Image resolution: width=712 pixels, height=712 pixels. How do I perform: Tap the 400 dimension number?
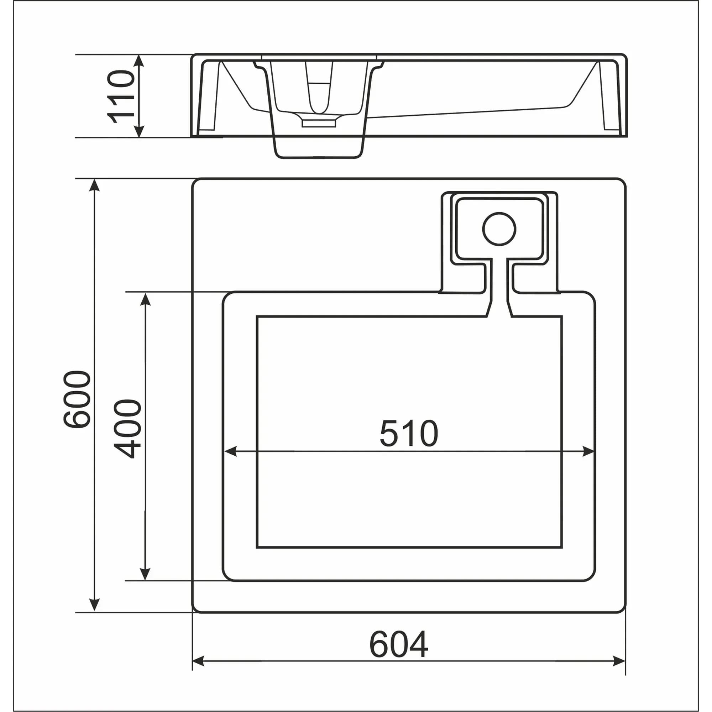pyautogui.click(x=127, y=429)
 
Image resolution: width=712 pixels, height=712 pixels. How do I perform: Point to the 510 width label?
pyautogui.click(x=409, y=433)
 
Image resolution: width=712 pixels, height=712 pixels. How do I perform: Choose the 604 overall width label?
pyautogui.click(x=399, y=644)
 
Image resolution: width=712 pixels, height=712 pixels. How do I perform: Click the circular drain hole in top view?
pyautogui.click(x=499, y=229)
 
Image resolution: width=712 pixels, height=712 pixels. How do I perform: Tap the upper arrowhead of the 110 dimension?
pyautogui.click(x=138, y=61)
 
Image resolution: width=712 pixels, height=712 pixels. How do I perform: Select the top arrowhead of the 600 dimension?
pyautogui.click(x=95, y=185)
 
